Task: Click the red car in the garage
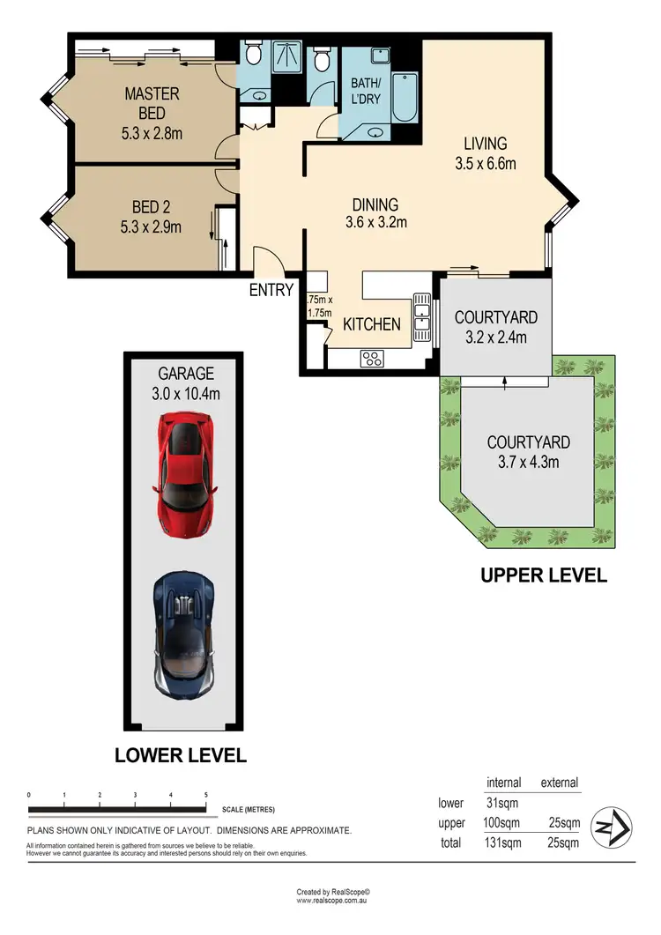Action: pyautogui.click(x=187, y=475)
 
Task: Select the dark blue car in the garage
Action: pyautogui.click(x=184, y=636)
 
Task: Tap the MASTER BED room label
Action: pyautogui.click(x=152, y=103)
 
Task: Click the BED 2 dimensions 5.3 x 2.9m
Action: pyautogui.click(x=151, y=227)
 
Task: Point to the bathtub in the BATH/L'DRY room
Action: pyautogui.click(x=405, y=98)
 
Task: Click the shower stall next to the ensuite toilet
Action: pyautogui.click(x=288, y=56)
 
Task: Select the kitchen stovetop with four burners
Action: pyautogui.click(x=372, y=359)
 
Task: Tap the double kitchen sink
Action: pyautogui.click(x=422, y=318)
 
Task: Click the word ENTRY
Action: pyautogui.click(x=271, y=290)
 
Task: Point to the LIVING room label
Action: pyautogui.click(x=486, y=144)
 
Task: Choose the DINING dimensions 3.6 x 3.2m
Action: pyautogui.click(x=375, y=222)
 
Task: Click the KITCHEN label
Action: pyautogui.click(x=372, y=324)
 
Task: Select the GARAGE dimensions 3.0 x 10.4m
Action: pyautogui.click(x=186, y=394)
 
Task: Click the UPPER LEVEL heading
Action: pyautogui.click(x=544, y=575)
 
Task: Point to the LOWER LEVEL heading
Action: pyautogui.click(x=180, y=755)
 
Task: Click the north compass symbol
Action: pyautogui.click(x=611, y=827)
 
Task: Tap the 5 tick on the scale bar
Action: pyautogui.click(x=206, y=795)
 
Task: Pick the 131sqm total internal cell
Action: pyautogui.click(x=502, y=842)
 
